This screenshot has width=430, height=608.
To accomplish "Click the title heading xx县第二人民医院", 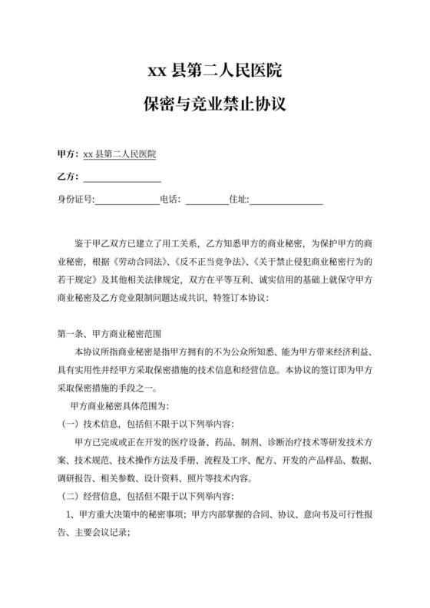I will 214,73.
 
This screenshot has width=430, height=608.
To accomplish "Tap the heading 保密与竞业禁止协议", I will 214,102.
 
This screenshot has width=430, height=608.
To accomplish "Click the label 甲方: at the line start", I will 68,154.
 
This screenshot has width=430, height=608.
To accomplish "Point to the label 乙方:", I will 68,177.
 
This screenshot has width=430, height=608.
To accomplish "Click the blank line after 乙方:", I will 122,178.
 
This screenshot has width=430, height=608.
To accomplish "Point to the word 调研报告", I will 76,477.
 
